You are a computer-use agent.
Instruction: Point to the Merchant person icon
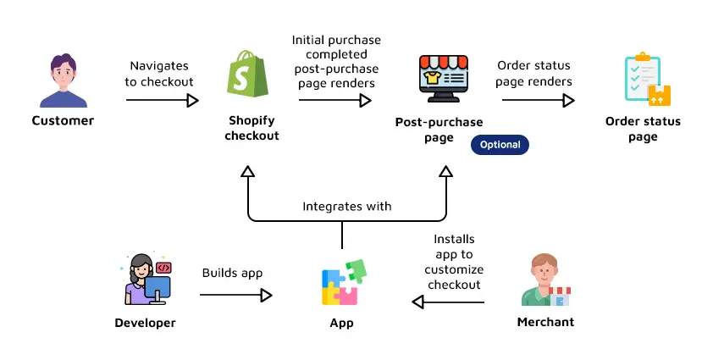[545, 281]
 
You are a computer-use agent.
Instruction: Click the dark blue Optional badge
[500, 144]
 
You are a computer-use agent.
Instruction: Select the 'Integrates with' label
[347, 206]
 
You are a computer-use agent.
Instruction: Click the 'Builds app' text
[232, 273]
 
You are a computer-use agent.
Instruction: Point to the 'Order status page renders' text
[534, 74]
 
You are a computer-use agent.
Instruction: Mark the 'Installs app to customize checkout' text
[454, 262]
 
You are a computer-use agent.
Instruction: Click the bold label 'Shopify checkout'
[251, 128]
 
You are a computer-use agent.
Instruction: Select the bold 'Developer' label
[145, 323]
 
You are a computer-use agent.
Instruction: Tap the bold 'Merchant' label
[545, 322]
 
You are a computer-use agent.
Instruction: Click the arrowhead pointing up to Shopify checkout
[247, 171]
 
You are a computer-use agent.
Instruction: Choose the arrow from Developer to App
[235, 295]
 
